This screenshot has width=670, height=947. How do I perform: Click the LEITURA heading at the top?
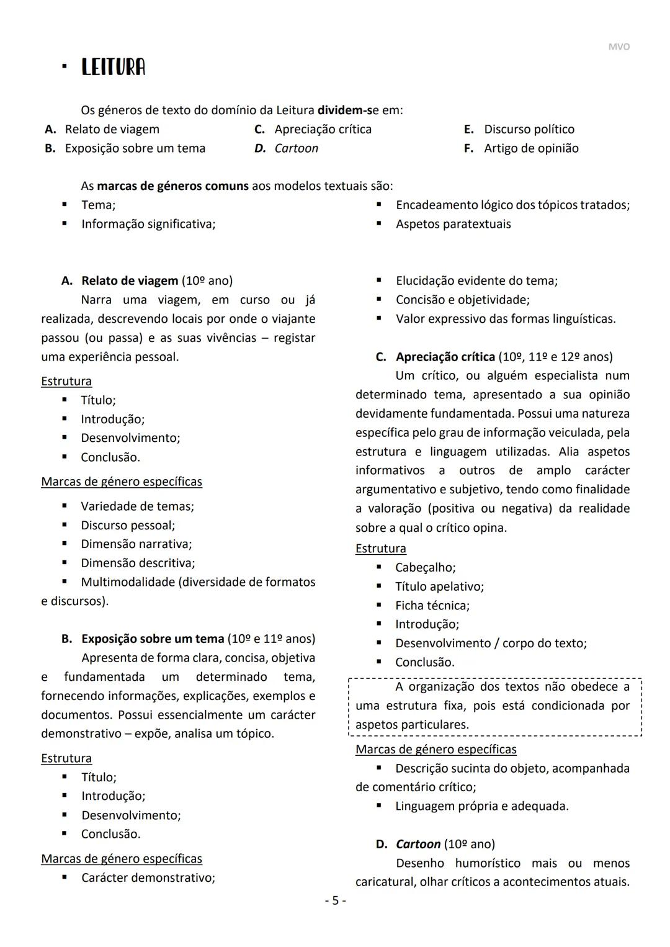[113, 67]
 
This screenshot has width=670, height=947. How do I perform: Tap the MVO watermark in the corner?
[619, 47]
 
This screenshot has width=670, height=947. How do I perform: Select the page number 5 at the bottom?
[335, 900]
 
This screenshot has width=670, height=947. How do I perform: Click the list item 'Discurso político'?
[529, 129]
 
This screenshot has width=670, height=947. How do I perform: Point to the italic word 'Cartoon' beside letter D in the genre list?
[296, 148]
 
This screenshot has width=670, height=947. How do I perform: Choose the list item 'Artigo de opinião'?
[531, 148]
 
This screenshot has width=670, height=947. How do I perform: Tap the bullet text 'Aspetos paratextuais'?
[453, 224]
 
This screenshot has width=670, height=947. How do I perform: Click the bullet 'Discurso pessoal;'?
[128, 525]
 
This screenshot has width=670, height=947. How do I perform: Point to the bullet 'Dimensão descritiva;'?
[138, 563]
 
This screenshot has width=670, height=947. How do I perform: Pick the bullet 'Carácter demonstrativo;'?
[148, 877]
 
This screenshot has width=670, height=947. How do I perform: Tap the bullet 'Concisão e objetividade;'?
[462, 300]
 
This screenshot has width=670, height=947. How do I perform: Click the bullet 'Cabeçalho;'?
[425, 567]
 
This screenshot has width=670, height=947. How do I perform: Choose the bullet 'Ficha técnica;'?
[432, 605]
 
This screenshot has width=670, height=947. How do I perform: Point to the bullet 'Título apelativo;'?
[439, 586]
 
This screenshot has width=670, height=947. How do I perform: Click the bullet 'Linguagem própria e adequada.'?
[481, 806]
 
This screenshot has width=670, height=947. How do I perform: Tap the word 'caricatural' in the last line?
[385, 882]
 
